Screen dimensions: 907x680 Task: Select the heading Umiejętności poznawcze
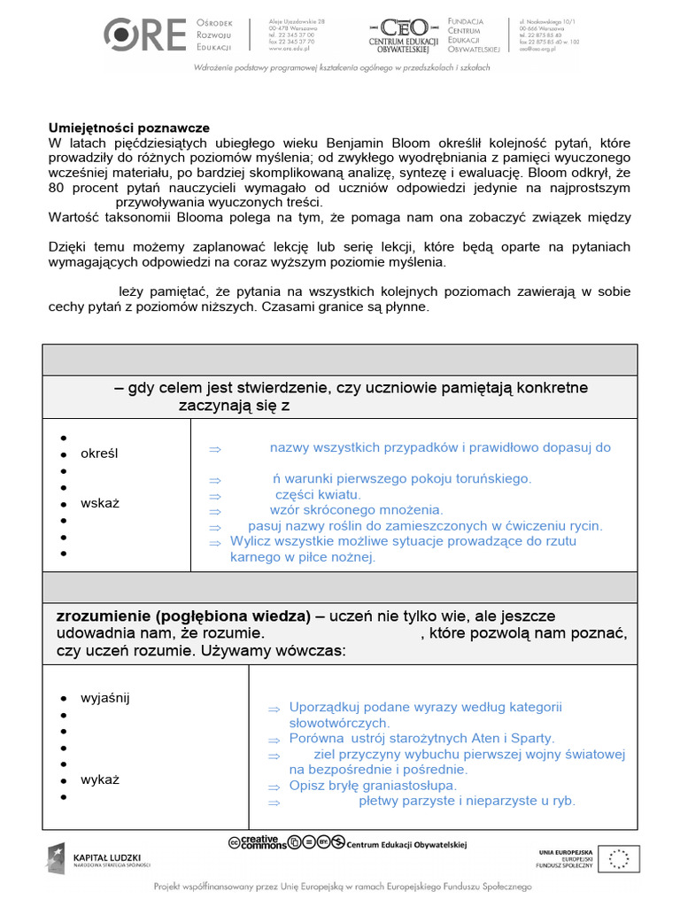[x=128, y=128]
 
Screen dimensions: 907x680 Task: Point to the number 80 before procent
[x=57, y=188]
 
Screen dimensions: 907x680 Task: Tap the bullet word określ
[x=99, y=453]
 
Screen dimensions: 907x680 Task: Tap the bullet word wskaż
[x=99, y=503]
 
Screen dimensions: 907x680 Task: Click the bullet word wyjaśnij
[x=104, y=697]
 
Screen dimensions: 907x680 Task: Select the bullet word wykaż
[x=99, y=780]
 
